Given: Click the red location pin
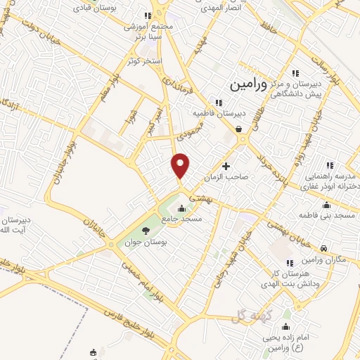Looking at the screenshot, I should pos(181,166).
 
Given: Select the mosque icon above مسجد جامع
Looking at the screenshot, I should pos(182,208).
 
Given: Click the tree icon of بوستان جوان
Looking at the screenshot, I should pos(146,230).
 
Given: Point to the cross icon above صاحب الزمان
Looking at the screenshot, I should pos(226,167).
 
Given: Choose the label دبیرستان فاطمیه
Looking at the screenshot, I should pos(219,112).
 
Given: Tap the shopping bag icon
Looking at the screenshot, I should pos(239,129).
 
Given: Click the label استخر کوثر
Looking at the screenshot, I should pos(145,61).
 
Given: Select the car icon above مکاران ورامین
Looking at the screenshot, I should pos(322,248).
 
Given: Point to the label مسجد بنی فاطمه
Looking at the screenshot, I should pos(325,214).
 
